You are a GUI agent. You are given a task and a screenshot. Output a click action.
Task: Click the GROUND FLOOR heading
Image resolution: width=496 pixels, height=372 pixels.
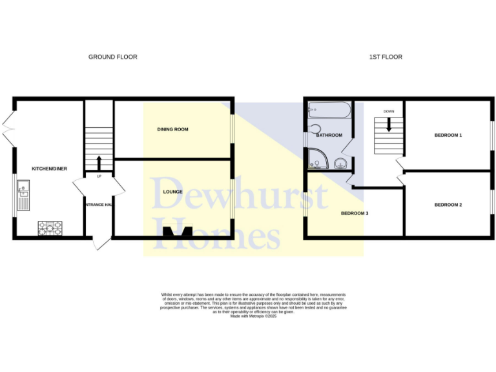[112, 57]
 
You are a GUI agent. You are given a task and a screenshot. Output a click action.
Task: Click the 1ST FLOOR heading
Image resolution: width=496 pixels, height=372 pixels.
[386, 57]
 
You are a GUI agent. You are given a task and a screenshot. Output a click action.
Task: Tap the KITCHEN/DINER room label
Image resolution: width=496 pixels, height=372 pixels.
[50, 169]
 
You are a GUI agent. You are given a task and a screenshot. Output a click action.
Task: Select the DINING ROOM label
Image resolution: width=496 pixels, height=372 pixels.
[172, 129]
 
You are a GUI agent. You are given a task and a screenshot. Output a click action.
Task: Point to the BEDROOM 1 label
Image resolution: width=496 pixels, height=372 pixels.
[448, 135]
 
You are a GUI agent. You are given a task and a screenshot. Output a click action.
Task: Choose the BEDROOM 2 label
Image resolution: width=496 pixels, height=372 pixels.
[448, 205]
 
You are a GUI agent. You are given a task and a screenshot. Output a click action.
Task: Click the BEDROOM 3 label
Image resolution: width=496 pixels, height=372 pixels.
[355, 213]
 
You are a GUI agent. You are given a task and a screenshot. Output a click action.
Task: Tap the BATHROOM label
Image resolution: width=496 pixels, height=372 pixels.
[329, 136]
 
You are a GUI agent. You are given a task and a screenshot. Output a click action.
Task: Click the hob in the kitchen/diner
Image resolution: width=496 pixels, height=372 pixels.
[50, 227]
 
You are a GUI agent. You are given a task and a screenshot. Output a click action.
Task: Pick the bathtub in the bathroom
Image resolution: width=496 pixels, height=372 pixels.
[329, 110]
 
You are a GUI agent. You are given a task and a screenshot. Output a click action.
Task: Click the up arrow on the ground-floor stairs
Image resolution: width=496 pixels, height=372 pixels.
[99, 163]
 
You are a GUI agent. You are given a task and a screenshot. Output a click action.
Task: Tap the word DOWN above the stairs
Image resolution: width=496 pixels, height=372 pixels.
[389, 111]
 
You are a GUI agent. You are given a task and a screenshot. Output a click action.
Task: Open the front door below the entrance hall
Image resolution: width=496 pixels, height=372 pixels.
[100, 243]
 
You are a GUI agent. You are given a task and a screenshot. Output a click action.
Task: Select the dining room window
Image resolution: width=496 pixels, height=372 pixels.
[233, 129]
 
